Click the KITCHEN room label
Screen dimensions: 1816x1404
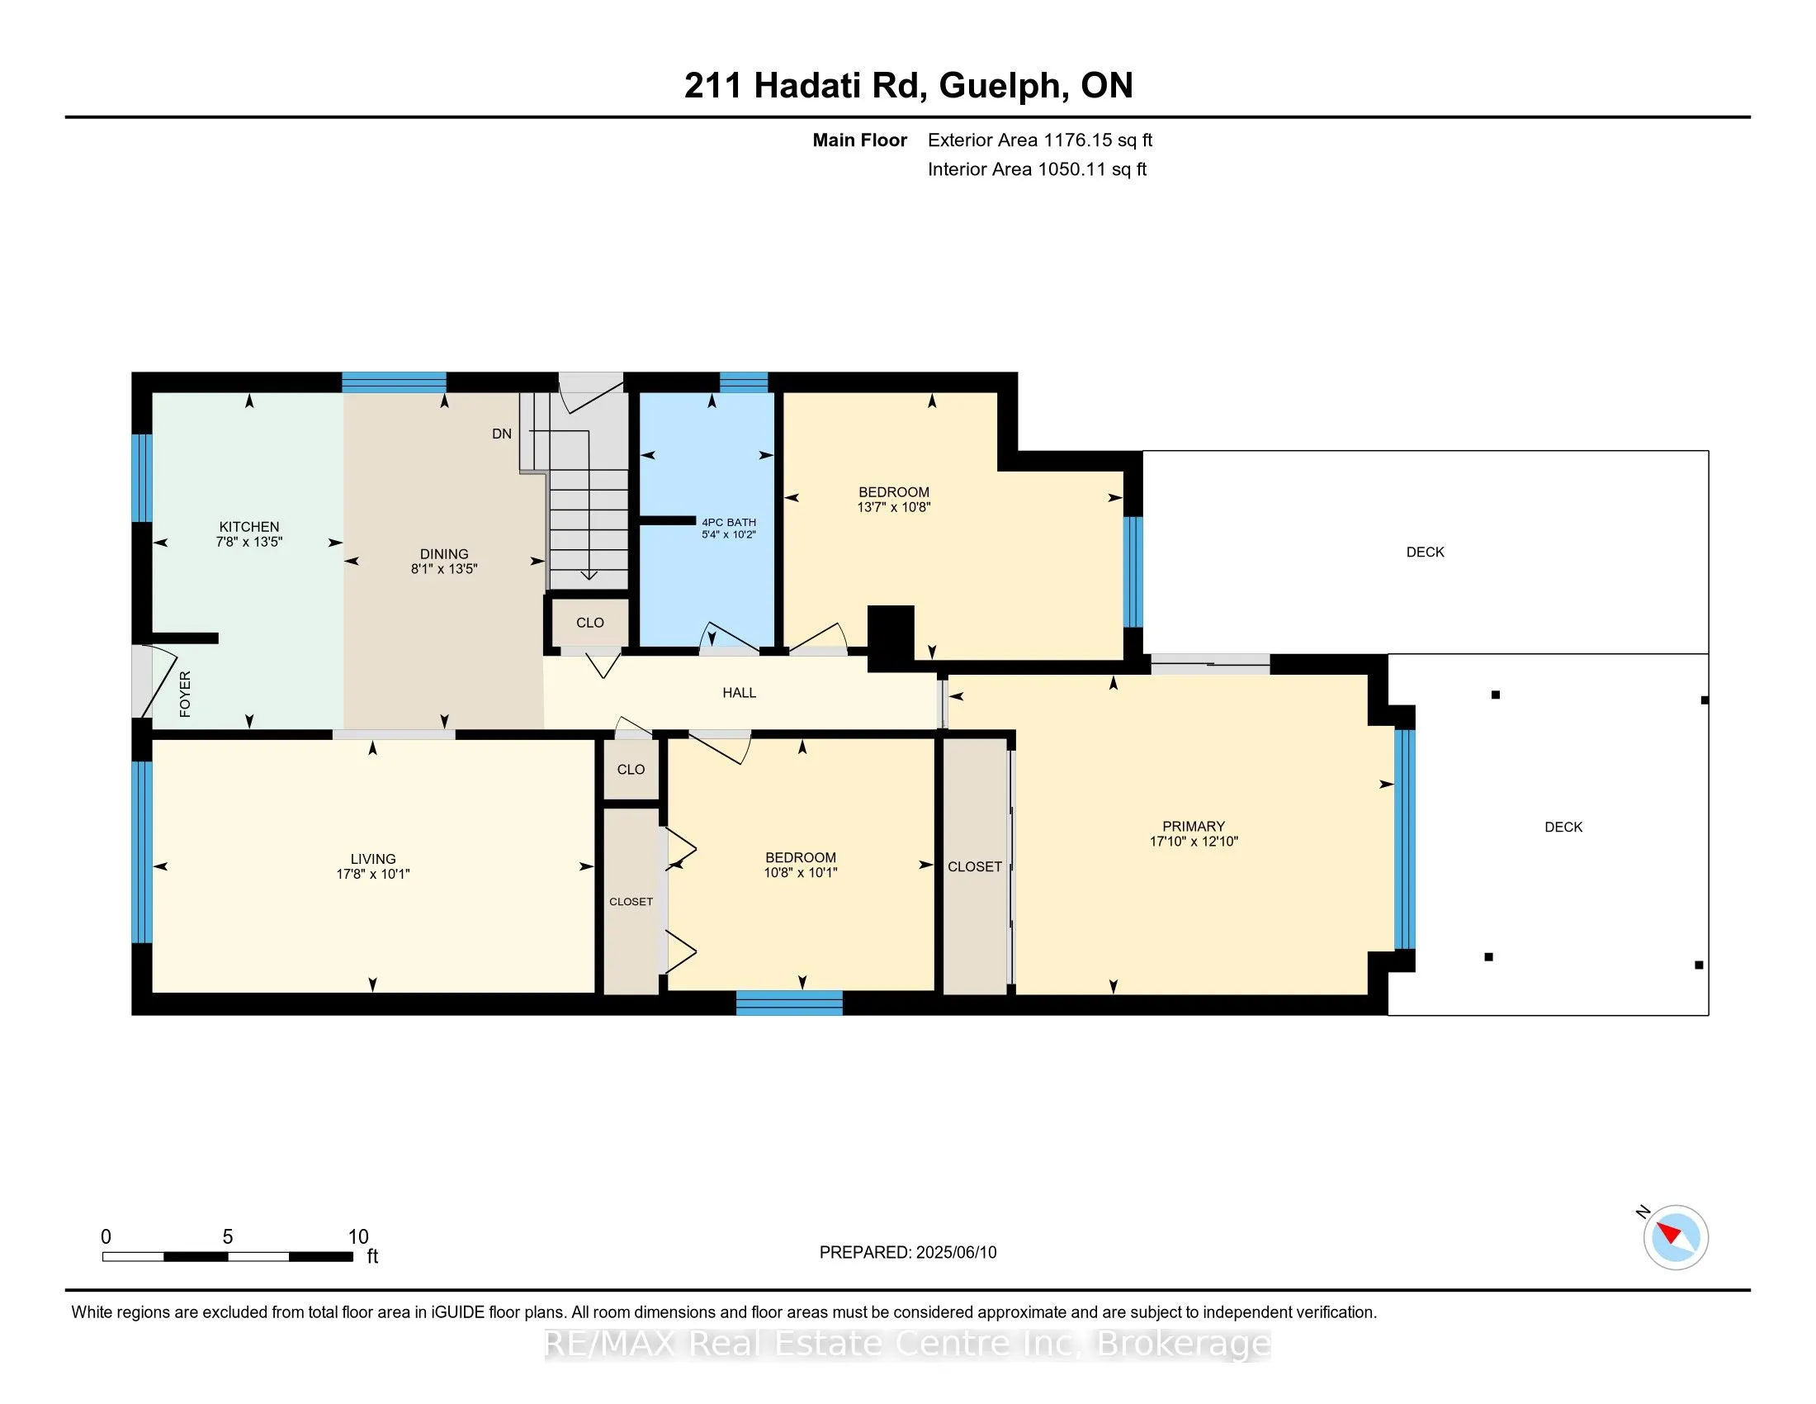tap(249, 527)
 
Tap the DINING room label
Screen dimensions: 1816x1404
tap(444, 554)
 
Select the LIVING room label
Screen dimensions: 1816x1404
tap(372, 859)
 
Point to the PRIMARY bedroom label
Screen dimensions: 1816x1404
tap(1194, 827)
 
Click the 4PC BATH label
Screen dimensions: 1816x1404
tap(728, 522)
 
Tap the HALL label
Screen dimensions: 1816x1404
tap(740, 693)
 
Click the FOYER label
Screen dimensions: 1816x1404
tap(186, 694)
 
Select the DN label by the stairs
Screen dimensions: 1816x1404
tap(501, 434)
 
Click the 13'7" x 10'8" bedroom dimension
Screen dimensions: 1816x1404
tap(894, 507)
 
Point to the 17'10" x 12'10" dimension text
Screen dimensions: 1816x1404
tap(1194, 842)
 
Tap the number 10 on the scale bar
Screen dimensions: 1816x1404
tap(357, 1237)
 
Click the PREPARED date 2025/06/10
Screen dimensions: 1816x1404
tap(955, 1253)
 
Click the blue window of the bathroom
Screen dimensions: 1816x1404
tap(744, 382)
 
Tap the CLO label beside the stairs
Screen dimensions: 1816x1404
tap(590, 623)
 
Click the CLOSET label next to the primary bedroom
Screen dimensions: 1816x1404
tap(975, 866)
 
